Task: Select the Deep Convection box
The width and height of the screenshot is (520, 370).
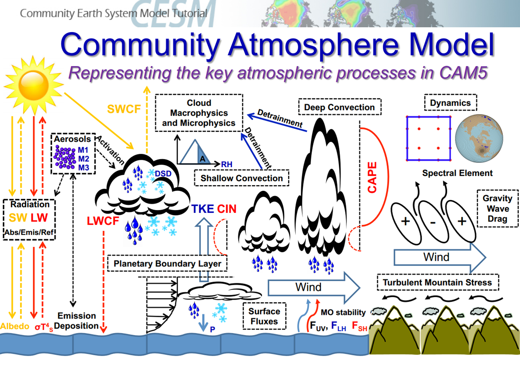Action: coord(339,107)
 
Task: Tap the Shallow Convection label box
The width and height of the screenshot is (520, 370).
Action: coord(242,178)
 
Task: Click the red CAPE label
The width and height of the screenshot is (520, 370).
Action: coord(372,177)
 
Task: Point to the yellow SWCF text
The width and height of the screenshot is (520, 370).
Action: coord(124,109)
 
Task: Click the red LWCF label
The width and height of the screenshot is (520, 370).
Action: coord(103,221)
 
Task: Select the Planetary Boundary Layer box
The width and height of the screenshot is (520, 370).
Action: coord(167,264)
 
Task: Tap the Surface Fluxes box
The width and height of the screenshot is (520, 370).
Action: coord(264,316)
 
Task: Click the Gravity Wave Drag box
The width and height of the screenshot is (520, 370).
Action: coord(497,208)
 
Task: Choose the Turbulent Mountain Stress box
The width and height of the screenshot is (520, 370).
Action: coord(437,282)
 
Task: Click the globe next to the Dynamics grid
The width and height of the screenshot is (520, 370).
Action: coord(478,138)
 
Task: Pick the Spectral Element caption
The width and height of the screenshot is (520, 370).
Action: coord(457,173)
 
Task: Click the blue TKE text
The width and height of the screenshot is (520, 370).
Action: coord(202,209)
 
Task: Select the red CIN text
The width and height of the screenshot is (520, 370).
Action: coord(227,209)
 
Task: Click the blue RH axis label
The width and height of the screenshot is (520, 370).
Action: coord(226,164)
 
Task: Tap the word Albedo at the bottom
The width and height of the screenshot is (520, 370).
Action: coord(15,326)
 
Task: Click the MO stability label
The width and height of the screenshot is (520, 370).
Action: coord(343,312)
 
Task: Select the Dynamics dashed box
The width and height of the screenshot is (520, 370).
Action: coord(450,103)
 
